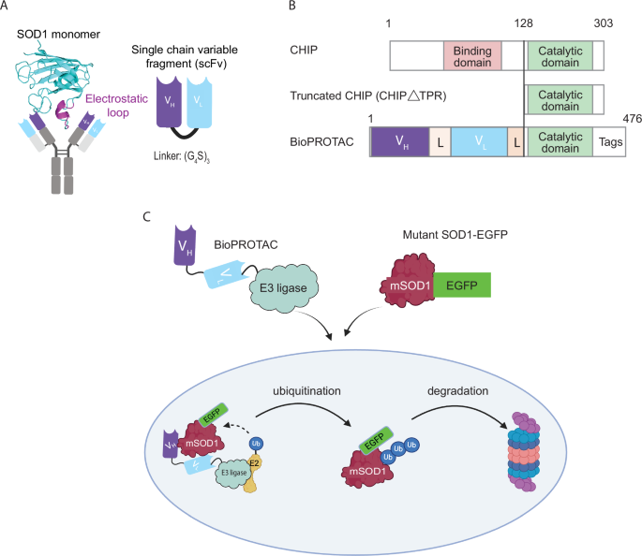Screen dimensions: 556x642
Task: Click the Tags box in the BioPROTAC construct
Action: tap(609, 141)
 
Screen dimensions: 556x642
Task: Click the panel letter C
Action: tap(145, 217)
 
